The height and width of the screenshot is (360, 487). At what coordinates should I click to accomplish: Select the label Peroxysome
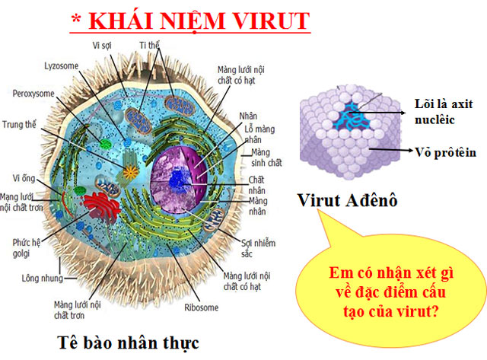[33, 94]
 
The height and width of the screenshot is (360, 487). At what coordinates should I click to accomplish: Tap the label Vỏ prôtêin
[445, 152]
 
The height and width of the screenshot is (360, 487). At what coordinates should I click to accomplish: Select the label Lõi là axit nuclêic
[444, 110]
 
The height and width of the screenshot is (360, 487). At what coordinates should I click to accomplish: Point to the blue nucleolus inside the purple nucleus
[179, 180]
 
